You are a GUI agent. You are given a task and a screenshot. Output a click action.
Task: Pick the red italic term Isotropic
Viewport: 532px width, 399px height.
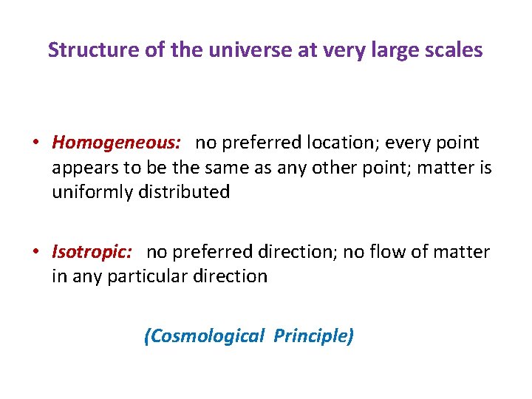[x=92, y=252]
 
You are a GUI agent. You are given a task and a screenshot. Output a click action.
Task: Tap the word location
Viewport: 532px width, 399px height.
[x=347, y=142]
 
